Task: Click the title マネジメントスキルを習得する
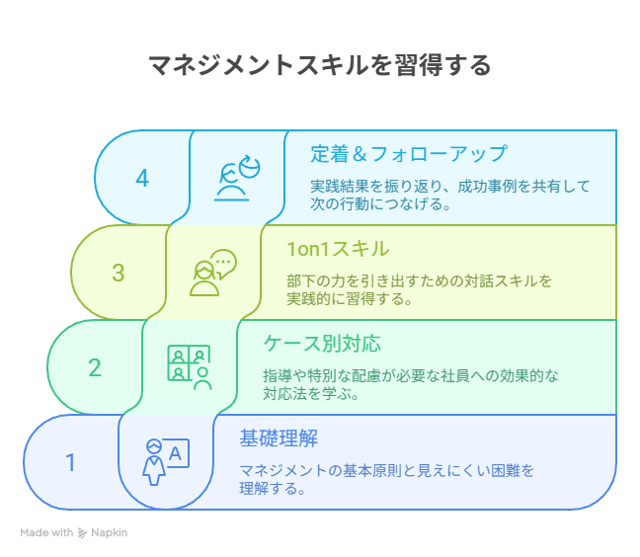point(320,65)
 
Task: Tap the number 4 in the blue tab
point(142,179)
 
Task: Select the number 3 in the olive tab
point(118,273)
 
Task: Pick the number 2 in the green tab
point(95,367)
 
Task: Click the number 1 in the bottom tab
point(70,462)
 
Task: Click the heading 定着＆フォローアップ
point(409,154)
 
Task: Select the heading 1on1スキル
point(338,249)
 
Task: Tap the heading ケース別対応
point(322,344)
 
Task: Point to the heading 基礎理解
point(279,438)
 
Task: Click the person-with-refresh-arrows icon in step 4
point(237,178)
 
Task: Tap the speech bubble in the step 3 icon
point(223,264)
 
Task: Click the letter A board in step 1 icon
point(176,453)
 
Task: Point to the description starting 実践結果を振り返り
point(450,196)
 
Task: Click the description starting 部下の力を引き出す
point(419,289)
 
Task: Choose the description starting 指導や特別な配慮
point(411,384)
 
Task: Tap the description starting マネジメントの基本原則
point(386,479)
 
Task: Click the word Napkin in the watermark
point(109,532)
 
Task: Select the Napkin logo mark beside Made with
point(82,533)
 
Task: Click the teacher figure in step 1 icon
point(154,462)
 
